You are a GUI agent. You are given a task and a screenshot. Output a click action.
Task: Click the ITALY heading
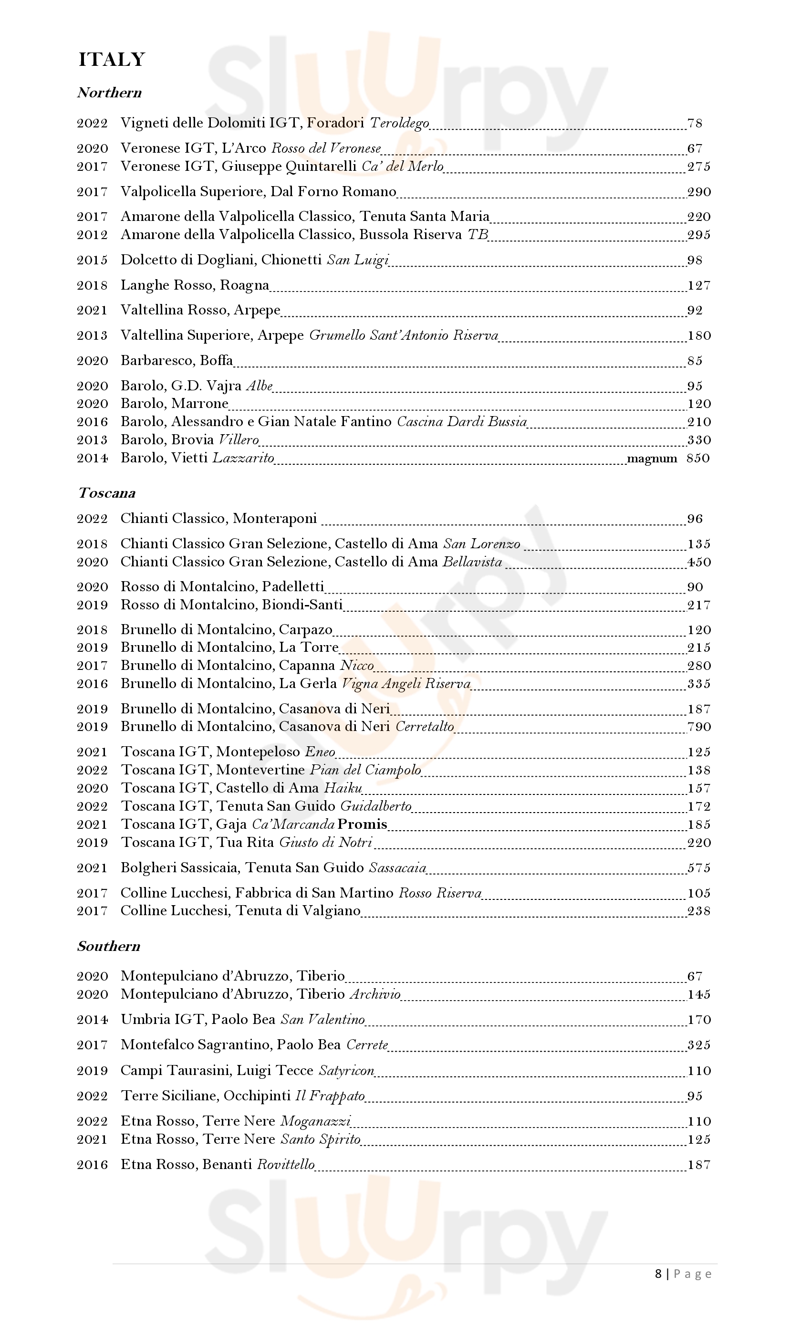click(x=112, y=60)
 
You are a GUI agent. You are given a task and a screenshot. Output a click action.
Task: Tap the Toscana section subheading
click(x=106, y=493)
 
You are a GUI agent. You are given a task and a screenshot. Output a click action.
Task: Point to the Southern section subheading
click(x=108, y=946)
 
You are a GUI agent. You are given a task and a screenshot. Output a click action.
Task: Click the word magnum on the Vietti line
click(x=652, y=459)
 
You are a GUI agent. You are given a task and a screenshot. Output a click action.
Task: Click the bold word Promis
click(x=362, y=824)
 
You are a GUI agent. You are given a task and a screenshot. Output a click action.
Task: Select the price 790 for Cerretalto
click(x=699, y=727)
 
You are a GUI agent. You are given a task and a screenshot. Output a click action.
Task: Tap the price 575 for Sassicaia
click(x=699, y=867)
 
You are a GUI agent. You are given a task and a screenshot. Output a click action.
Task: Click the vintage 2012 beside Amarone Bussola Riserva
click(x=92, y=235)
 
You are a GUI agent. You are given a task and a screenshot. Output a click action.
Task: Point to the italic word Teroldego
click(x=400, y=123)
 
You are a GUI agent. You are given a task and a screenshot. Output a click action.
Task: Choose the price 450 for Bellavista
click(x=699, y=562)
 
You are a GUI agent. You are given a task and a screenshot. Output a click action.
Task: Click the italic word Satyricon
click(x=346, y=1070)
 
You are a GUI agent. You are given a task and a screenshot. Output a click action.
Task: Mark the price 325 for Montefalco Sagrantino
click(x=699, y=1045)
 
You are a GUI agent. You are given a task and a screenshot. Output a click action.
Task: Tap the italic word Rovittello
click(x=286, y=1165)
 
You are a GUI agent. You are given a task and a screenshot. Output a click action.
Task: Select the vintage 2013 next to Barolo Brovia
click(x=92, y=440)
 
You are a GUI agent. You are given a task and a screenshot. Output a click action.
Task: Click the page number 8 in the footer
click(x=658, y=1273)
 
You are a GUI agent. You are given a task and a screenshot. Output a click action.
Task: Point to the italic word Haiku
click(x=343, y=788)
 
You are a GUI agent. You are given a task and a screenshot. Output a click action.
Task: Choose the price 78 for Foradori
click(x=695, y=123)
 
